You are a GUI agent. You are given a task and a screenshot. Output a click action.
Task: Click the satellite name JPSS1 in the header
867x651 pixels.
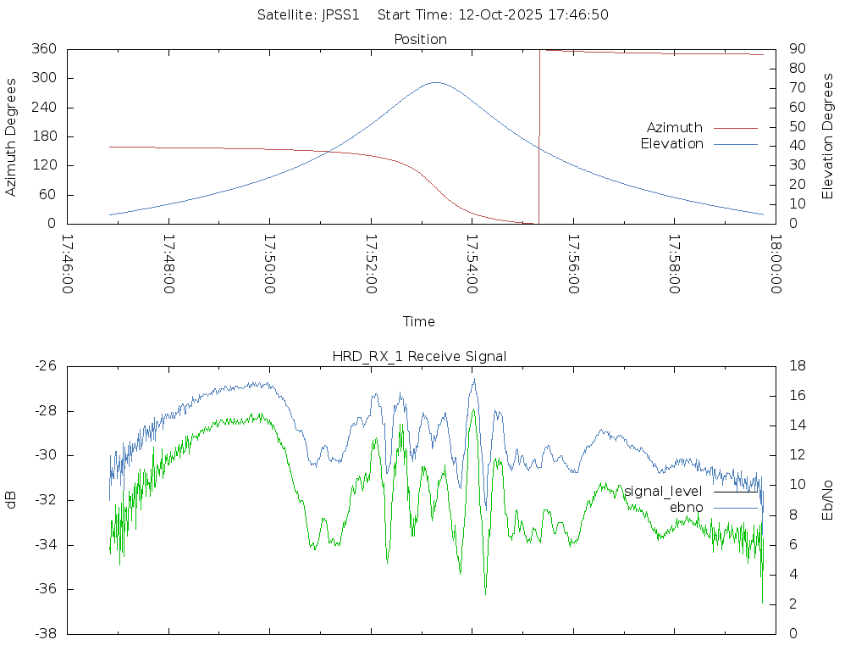tap(340, 14)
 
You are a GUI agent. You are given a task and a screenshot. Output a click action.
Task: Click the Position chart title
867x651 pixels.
tap(421, 39)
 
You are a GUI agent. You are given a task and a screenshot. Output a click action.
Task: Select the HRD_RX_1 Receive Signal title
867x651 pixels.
tap(419, 356)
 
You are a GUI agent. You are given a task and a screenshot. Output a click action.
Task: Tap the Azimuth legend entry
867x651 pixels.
tap(675, 128)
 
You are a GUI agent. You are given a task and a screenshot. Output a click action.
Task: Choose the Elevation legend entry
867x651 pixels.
tap(671, 144)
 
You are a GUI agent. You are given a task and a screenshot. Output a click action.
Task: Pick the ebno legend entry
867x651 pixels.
tap(687, 507)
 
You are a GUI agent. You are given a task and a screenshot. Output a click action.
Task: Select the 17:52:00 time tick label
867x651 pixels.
tap(371, 264)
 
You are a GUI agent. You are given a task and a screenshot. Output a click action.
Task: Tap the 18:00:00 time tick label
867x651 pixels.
tap(776, 264)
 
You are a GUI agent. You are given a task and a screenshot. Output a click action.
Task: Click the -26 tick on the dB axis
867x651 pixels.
tap(45, 366)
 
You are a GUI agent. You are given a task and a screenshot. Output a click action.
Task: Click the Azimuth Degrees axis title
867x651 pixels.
tap(12, 136)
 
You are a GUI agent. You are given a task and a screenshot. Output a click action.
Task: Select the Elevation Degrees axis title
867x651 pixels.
tap(829, 136)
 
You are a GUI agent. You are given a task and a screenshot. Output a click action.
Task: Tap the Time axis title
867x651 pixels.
tap(419, 321)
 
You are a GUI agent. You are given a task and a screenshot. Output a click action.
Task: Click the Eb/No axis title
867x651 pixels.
tap(829, 500)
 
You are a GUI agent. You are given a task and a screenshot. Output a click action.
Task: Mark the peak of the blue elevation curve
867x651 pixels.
tap(435, 82)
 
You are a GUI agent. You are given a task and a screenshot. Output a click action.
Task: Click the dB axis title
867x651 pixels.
tap(12, 500)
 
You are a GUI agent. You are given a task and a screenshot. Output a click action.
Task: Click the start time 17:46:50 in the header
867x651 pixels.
tap(533, 14)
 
